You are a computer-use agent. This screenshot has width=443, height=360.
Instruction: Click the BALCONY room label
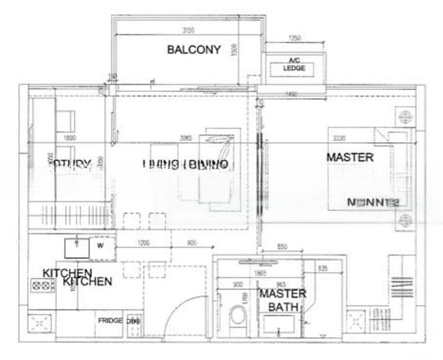click(x=194, y=50)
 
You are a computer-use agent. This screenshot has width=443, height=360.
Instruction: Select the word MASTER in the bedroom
click(x=350, y=157)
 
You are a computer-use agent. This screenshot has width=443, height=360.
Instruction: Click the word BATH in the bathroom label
click(x=282, y=307)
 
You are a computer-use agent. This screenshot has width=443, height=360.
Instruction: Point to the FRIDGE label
click(x=110, y=320)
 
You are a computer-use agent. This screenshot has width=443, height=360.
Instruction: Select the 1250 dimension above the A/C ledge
click(x=294, y=38)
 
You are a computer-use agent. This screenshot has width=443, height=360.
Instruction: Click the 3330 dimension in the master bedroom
click(x=340, y=139)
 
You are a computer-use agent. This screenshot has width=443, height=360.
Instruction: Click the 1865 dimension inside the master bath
click(x=259, y=274)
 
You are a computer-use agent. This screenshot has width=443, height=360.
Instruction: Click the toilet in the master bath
click(x=238, y=319)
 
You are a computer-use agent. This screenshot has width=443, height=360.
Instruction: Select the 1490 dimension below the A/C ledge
click(x=292, y=94)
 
